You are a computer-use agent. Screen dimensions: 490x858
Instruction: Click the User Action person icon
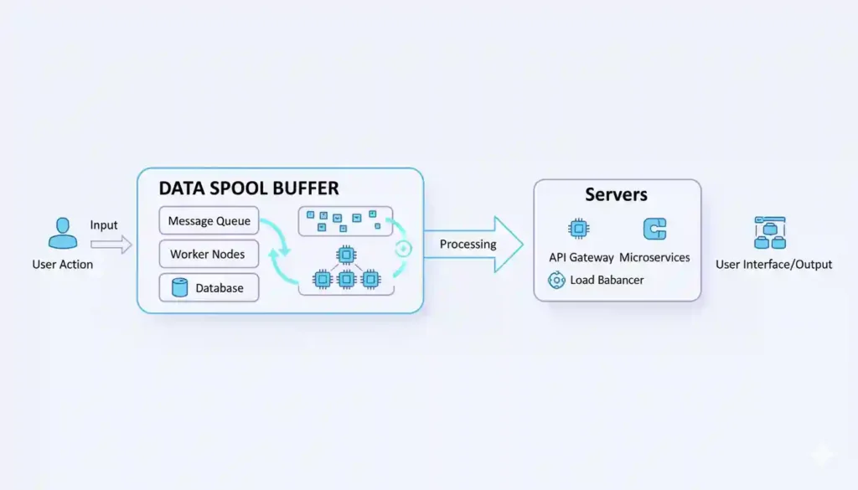[x=63, y=234]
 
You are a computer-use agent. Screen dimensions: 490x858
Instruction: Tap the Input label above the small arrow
[x=104, y=225]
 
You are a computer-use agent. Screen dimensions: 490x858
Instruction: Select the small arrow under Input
[x=111, y=245]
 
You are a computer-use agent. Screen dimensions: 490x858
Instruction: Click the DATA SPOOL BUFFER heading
[x=249, y=188]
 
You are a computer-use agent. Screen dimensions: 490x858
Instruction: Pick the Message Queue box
[x=209, y=221]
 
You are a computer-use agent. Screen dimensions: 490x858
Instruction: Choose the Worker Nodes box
[x=209, y=254]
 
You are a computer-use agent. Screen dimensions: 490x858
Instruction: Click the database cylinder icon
[x=178, y=288]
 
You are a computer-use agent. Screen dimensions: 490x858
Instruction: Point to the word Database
[x=220, y=288]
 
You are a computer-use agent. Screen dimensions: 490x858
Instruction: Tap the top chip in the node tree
[x=345, y=254]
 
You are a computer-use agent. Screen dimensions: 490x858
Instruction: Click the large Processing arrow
[x=474, y=245]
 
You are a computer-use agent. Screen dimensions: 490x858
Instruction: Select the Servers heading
[x=616, y=195]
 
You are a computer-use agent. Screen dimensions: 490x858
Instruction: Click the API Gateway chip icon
[x=578, y=230]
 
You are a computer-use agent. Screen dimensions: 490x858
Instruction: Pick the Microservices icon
[x=654, y=230]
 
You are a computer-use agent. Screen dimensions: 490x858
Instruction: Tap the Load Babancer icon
[x=556, y=280]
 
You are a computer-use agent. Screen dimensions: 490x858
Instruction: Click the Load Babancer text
[x=607, y=280]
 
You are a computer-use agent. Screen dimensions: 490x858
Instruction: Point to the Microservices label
[x=654, y=257]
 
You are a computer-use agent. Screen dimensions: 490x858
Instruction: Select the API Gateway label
[x=581, y=257]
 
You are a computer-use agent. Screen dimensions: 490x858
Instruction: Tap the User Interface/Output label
[x=773, y=265]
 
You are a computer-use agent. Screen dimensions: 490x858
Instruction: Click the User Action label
[x=63, y=265]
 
